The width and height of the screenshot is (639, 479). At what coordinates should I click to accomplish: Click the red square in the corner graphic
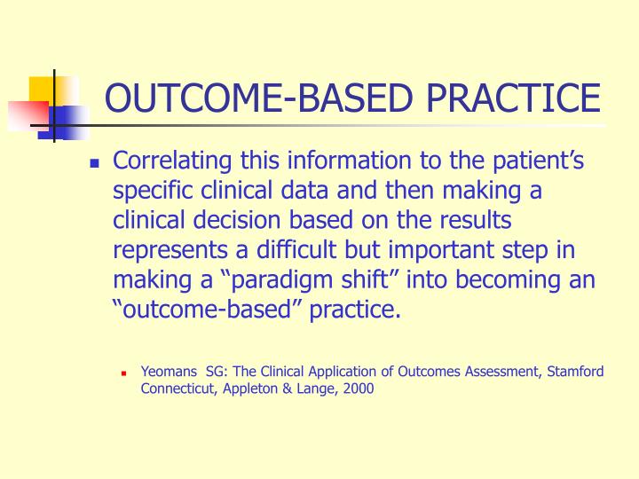(x=28, y=114)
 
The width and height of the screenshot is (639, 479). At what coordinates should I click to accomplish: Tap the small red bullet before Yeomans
(x=126, y=373)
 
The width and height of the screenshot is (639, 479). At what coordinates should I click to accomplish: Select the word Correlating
(x=169, y=162)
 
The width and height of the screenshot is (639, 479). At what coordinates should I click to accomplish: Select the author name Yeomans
(x=169, y=372)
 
